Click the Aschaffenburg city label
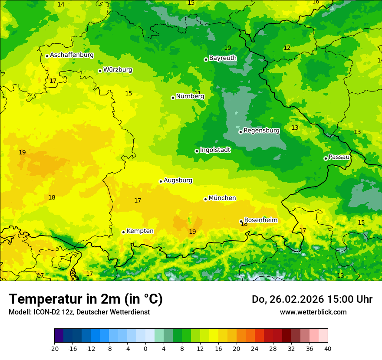click(72, 55)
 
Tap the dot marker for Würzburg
click(100, 71)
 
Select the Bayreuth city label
click(223, 58)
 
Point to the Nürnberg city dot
click(173, 98)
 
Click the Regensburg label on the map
click(261, 131)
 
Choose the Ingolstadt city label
click(215, 150)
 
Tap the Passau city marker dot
click(326, 158)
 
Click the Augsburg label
click(178, 180)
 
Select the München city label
click(222, 198)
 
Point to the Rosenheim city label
click(260, 220)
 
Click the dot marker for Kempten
click(123, 232)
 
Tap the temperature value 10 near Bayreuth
click(227, 48)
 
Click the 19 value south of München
click(192, 232)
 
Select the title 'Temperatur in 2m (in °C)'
click(86, 299)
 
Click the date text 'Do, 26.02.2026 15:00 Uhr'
click(312, 300)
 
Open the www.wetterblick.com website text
click(313, 312)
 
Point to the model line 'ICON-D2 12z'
click(79, 312)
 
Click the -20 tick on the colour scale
click(54, 349)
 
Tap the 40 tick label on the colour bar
click(328, 349)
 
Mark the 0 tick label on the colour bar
click(145, 349)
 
